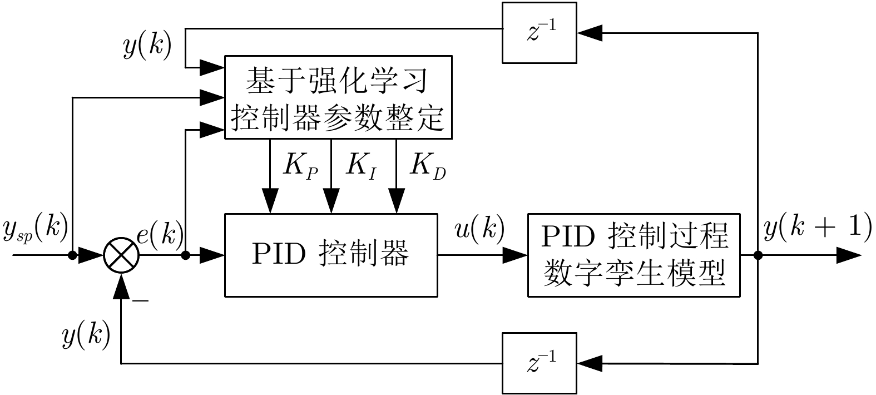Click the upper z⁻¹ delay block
(539, 33)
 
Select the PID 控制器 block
(330, 255)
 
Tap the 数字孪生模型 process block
(634, 255)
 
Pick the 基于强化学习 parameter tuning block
(338, 97)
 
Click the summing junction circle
(121, 256)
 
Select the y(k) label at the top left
(147, 46)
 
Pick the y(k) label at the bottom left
(86, 336)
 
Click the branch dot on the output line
(758, 256)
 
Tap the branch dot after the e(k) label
(186, 256)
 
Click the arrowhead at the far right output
(849, 256)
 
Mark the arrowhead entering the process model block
(516, 256)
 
